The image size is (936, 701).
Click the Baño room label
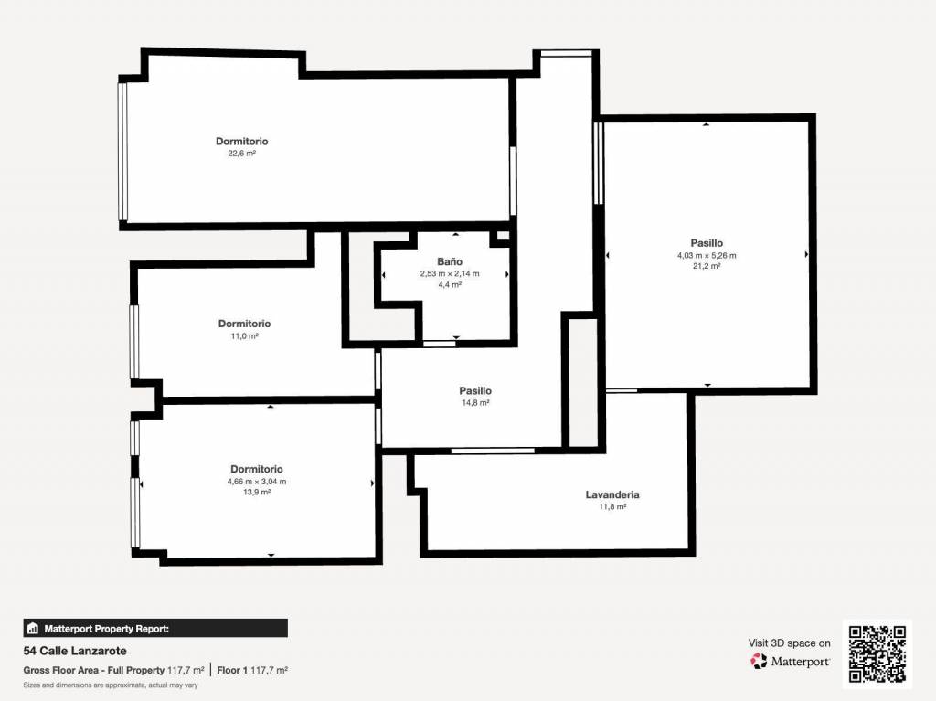[450, 261]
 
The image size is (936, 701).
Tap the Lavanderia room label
[612, 494]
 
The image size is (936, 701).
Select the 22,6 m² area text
[241, 154]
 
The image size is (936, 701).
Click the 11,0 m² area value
[244, 336]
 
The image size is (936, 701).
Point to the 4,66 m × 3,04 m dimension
[257, 482]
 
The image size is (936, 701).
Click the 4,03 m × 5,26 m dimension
[707, 256]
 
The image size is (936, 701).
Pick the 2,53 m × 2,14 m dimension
[450, 273]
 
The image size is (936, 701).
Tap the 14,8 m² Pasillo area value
[475, 403]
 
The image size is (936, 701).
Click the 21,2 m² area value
[707, 266]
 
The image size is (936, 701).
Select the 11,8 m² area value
[612, 507]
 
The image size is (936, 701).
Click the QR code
[877, 653]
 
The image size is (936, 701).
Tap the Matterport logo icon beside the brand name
[758, 661]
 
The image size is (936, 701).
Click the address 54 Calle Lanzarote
[75, 651]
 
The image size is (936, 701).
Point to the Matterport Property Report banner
[155, 628]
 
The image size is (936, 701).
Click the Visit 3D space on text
[789, 643]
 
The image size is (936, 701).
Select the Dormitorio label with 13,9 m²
[257, 470]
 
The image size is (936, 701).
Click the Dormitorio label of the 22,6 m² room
[241, 142]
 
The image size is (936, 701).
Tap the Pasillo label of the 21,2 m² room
[707, 243]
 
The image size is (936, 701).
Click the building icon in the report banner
[33, 628]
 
